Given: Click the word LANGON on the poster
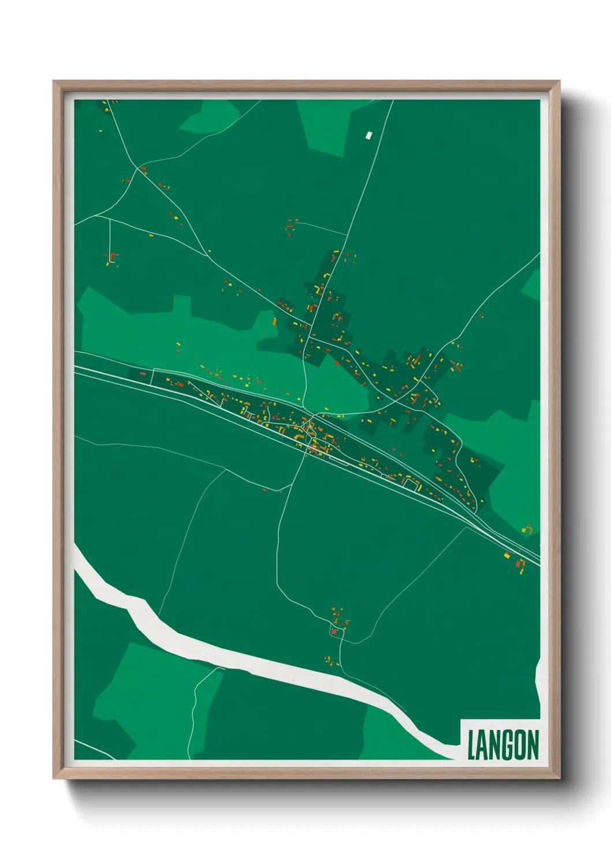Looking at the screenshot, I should (502, 745).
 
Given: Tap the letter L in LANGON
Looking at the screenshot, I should (471, 745).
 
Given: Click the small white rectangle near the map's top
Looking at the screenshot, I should (369, 136).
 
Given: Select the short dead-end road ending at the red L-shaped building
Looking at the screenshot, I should (109, 237).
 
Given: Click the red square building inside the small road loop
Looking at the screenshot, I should (334, 632).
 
